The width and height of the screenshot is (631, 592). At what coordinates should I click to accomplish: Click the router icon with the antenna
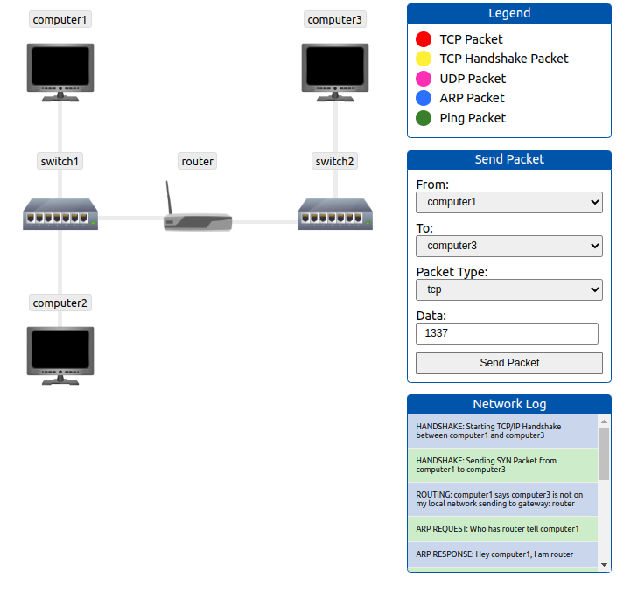tap(197, 219)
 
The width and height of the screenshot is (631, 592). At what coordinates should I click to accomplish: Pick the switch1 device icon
tap(60, 214)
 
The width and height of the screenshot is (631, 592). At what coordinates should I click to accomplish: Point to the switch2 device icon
tap(335, 214)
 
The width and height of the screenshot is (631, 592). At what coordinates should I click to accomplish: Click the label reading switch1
tap(60, 161)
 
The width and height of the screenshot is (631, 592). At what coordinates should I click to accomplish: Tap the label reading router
tap(197, 161)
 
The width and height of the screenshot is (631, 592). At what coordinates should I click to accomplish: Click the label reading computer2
tap(60, 303)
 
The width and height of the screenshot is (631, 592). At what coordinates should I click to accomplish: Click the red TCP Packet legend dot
tap(424, 39)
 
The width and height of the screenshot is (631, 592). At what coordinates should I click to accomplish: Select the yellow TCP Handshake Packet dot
tap(424, 59)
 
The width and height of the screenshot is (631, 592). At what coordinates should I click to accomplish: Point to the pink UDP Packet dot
tap(424, 79)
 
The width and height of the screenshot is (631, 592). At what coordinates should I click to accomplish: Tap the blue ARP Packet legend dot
tap(424, 98)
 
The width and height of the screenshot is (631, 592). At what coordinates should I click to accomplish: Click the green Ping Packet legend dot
tap(424, 118)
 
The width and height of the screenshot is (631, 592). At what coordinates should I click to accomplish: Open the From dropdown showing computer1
tap(508, 202)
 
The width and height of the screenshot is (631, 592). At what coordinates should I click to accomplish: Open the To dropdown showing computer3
tap(508, 246)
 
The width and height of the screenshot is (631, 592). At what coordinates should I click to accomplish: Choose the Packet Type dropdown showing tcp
tap(508, 289)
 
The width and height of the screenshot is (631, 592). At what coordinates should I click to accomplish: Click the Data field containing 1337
tap(507, 333)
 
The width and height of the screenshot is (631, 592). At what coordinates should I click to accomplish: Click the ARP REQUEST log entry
tap(502, 528)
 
